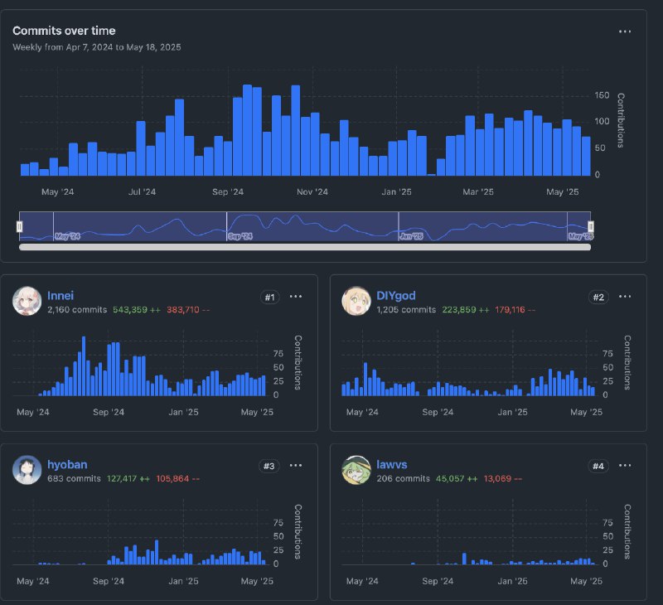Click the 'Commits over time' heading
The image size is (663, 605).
pyautogui.click(x=64, y=31)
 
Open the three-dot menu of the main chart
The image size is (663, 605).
pyautogui.click(x=626, y=31)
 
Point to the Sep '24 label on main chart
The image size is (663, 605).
pyautogui.click(x=228, y=192)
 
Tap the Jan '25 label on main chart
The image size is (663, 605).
pyautogui.click(x=396, y=192)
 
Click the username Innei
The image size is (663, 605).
pyautogui.click(x=61, y=295)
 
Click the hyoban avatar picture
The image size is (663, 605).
pyautogui.click(x=27, y=470)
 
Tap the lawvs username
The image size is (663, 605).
pyautogui.click(x=391, y=465)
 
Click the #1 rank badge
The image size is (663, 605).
pyautogui.click(x=269, y=297)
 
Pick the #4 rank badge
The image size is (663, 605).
pyautogui.click(x=598, y=466)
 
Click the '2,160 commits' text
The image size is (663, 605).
pyautogui.click(x=77, y=309)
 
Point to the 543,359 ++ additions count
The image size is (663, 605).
pyautogui.click(x=137, y=309)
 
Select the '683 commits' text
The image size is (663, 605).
pyautogui.click(x=74, y=478)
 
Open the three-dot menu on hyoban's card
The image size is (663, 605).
pyautogui.click(x=296, y=466)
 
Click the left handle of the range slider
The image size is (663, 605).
pyautogui.click(x=20, y=225)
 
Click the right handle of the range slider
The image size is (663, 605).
pyautogui.click(x=591, y=225)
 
